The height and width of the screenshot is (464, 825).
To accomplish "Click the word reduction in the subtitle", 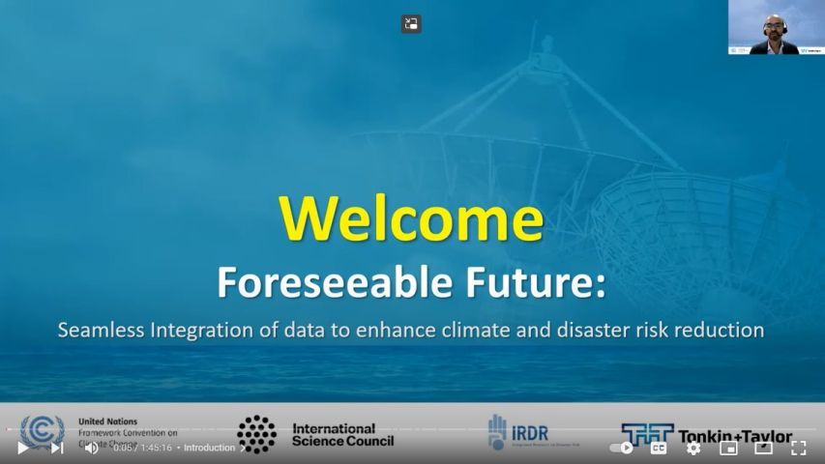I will [722, 330].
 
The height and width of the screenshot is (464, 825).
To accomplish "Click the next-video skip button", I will [57, 448].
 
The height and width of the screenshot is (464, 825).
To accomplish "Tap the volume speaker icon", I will [91, 448].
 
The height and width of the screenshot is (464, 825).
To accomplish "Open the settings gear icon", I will [693, 448].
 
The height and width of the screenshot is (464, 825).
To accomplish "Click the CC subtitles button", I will [659, 448].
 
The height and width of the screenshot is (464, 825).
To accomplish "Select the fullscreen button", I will [798, 448].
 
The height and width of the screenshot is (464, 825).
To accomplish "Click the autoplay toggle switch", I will [621, 448].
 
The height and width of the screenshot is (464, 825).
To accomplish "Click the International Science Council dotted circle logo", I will [256, 434].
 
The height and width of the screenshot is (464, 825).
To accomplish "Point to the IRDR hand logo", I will [497, 431].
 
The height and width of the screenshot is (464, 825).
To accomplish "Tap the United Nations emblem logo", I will [42, 431].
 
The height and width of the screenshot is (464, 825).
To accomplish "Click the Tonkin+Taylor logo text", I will [735, 436].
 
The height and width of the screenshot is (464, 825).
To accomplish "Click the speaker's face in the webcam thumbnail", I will [773, 24].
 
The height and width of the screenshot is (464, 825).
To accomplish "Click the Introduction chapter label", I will [210, 448].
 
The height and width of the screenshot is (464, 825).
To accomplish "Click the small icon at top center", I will [411, 24].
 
